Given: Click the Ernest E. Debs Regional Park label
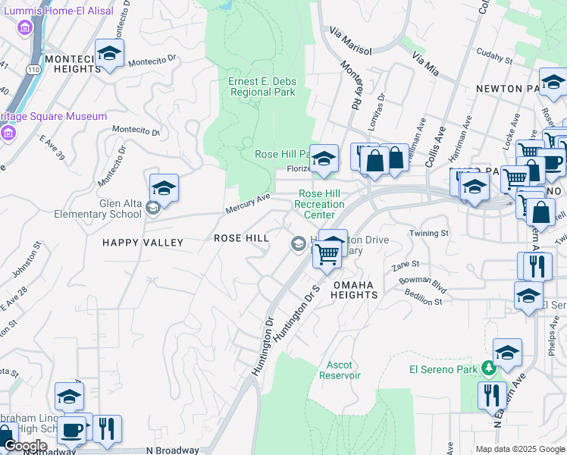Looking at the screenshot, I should (262, 86).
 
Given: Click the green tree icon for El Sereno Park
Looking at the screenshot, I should (490, 369).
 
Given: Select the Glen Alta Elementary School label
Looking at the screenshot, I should (98, 209).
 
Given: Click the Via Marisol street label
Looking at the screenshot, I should (350, 41).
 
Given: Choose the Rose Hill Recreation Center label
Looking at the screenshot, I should (319, 204).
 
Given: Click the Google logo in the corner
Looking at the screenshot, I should (24, 446).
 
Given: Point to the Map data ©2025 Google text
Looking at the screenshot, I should (520, 449).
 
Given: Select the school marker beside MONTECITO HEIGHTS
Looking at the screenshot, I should (109, 54).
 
